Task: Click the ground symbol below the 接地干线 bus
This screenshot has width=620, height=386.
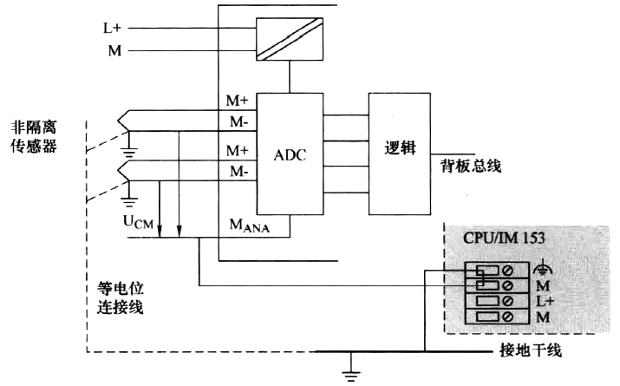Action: coord(349,373)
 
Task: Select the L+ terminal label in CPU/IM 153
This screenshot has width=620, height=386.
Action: coord(545,301)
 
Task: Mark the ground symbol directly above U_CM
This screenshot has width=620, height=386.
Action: coord(131,202)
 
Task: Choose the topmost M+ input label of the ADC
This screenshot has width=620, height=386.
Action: coord(238,102)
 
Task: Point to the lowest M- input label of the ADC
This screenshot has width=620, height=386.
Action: coord(238,172)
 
